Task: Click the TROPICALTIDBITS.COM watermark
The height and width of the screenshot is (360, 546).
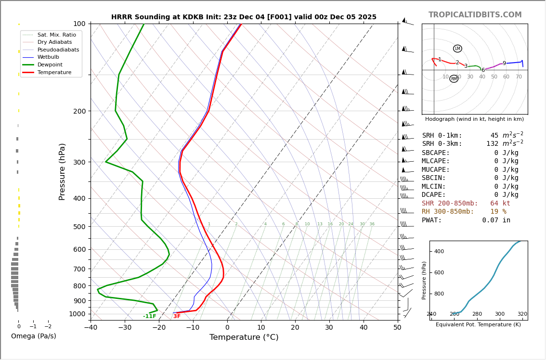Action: (475, 15)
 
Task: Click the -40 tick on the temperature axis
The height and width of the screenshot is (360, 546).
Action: (91, 328)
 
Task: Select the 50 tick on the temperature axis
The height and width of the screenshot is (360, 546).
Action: (397, 328)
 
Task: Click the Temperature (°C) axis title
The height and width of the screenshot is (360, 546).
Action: (244, 337)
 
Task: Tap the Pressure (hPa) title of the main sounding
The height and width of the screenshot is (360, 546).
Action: (62, 171)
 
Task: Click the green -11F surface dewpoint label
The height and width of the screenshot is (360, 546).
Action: (150, 316)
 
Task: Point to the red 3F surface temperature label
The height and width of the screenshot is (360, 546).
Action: (177, 316)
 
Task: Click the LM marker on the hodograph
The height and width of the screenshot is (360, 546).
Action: (457, 49)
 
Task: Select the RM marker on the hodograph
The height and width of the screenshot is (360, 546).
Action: (454, 79)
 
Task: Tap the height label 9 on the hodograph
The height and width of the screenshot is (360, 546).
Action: (504, 64)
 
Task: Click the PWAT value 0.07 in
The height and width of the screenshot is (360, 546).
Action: (496, 220)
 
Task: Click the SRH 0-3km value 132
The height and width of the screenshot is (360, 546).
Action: (492, 144)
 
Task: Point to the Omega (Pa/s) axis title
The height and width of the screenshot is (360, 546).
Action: (33, 336)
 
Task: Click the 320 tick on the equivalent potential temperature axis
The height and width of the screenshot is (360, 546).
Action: (522, 314)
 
